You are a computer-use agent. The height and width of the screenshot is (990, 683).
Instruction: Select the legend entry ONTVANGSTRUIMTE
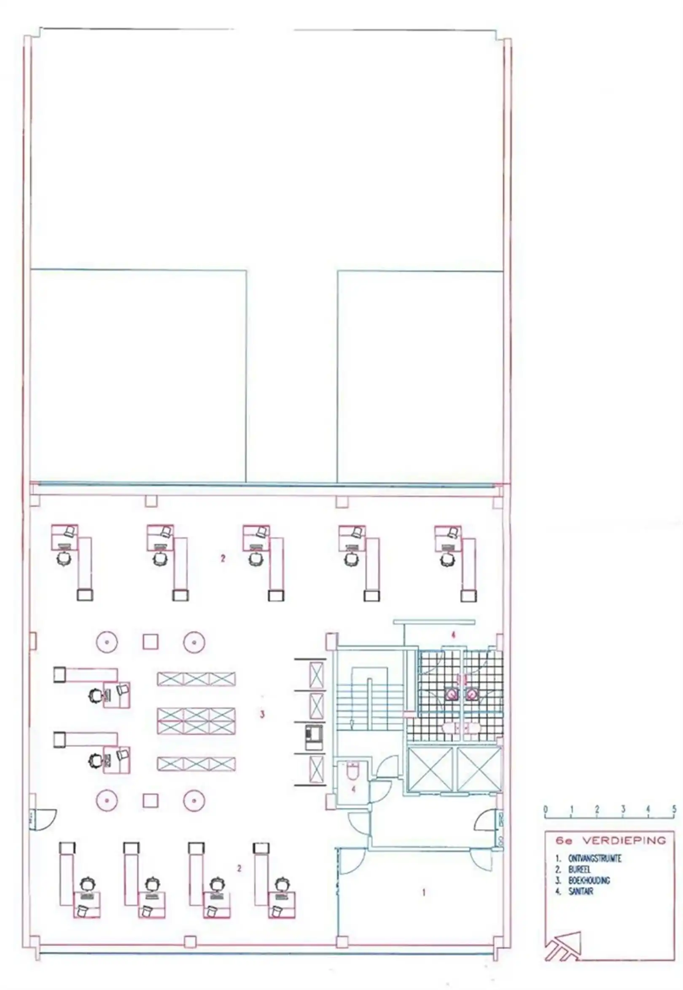tap(595, 859)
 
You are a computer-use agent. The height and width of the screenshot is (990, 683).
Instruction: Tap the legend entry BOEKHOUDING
tap(589, 880)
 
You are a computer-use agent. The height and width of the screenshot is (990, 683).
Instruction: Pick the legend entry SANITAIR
tap(581, 892)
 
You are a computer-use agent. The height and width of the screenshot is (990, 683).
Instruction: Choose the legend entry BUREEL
tap(579, 870)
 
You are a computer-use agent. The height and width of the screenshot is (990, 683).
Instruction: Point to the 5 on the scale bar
tap(674, 809)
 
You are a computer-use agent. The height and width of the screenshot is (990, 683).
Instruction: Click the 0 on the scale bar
tap(545, 809)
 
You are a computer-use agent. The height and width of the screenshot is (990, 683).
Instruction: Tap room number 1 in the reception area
tap(424, 893)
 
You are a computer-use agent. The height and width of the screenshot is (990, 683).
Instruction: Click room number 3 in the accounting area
tap(262, 714)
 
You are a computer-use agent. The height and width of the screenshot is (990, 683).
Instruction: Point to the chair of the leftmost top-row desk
tap(64, 558)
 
